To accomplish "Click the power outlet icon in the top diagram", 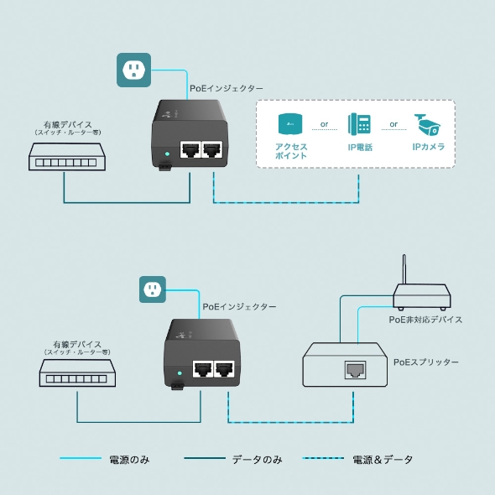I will coord(133,70).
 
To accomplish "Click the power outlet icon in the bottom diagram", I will coord(152,289).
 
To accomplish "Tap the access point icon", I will coord(290,124).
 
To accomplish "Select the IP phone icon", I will coord(359,125).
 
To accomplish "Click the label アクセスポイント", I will coord(291,151).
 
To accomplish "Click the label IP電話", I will coord(360,147).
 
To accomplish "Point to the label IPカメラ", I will coord(428,147).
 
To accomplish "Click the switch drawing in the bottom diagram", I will coord(77,373).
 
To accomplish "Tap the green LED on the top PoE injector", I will coord(168,154).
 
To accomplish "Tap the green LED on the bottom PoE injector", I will coord(179,372).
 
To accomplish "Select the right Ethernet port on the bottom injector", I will coord(223,368).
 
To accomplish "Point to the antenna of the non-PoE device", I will coord(404,269).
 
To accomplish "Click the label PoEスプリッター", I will coord(426,362).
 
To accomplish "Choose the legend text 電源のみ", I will coord(130,460).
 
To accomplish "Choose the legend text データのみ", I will coord(257,460).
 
